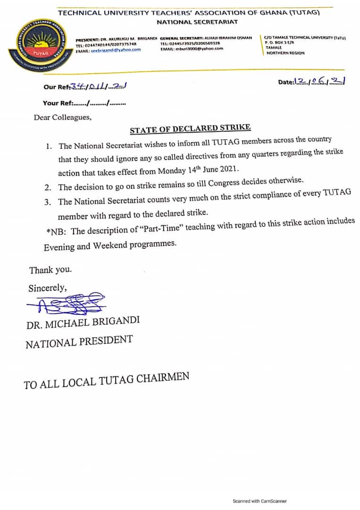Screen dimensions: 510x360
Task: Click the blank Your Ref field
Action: [x=100, y=103]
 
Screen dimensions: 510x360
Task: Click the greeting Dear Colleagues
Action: [x=62, y=118]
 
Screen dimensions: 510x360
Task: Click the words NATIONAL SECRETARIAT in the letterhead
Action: [x=197, y=22]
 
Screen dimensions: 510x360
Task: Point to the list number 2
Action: [x=48, y=187]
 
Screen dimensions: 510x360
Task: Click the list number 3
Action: [x=48, y=202]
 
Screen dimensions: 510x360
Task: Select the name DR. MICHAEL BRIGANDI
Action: [x=83, y=323]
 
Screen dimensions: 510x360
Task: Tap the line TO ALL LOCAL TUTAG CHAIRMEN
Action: [x=107, y=381]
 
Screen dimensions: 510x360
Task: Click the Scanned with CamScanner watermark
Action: [x=260, y=501]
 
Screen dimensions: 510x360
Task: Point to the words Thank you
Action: [x=50, y=270]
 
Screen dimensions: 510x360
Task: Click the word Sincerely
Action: [x=47, y=288]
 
